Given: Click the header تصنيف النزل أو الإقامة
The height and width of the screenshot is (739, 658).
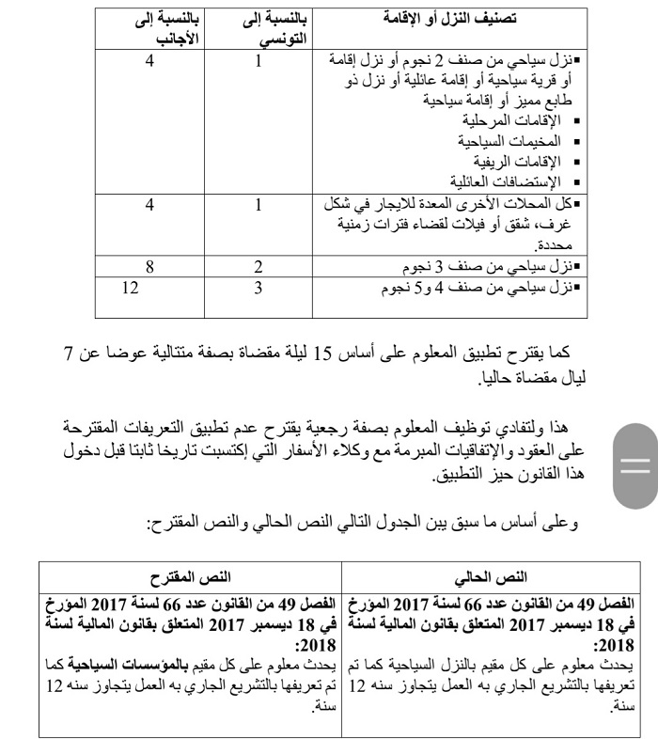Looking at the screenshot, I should [457, 19].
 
